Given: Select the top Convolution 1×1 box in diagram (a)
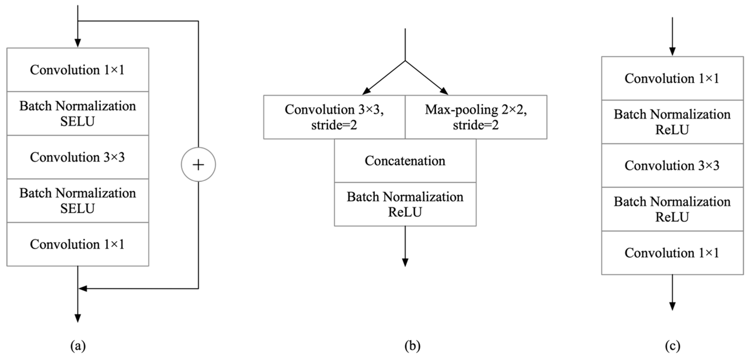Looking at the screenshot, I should pos(78,70).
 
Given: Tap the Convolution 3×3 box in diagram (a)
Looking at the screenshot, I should pos(78,157).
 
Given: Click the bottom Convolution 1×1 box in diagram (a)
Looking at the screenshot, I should pos(78,244).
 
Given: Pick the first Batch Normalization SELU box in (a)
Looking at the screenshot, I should pos(78,114).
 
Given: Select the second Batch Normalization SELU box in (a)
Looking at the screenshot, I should pos(78,201).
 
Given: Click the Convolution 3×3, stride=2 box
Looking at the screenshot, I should pos(334,117).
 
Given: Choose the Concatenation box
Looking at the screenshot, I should pos(405,161).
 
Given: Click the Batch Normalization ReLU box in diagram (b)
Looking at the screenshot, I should pos(405,204).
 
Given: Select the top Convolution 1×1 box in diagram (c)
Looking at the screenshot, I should pos(672,78).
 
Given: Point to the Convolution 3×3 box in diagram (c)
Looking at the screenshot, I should pos(672,165).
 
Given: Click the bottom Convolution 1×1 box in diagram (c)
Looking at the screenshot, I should pos(672,253).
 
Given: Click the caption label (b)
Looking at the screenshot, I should pos(412,346).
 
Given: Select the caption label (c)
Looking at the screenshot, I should pos(673,346).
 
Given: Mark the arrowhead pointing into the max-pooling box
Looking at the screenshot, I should pos(444,91).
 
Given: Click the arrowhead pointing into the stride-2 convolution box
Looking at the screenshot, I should pos(366,91).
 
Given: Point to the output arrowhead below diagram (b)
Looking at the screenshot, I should pos(405,263).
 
